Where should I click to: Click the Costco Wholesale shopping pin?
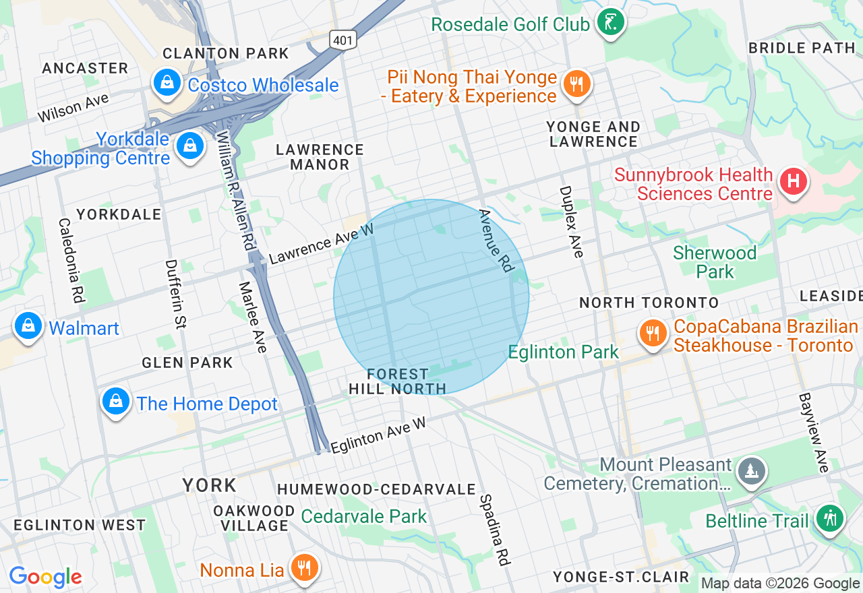tap(165, 83)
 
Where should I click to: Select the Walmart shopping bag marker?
tap(28, 326)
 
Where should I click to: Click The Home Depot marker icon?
tap(116, 402)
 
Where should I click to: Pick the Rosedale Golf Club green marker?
tap(611, 22)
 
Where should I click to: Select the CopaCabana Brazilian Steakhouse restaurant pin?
tap(653, 334)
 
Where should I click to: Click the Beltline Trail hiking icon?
tap(830, 519)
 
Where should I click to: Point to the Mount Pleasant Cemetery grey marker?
tap(750, 470)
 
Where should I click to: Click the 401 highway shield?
tap(343, 40)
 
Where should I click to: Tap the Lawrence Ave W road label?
tap(321, 244)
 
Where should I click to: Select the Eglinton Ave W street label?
tap(378, 435)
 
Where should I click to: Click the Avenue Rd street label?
tap(496, 241)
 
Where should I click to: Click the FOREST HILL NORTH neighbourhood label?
tap(397, 381)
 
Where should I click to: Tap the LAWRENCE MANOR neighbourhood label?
tap(320, 157)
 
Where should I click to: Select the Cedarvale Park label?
tap(364, 517)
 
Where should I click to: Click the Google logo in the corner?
tap(45, 578)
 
